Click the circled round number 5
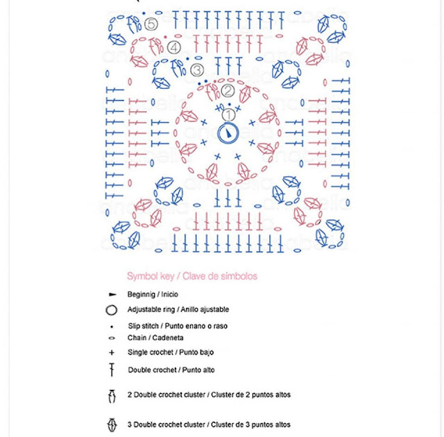coord(153,24)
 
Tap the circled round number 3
coord(196,69)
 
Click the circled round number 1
coord(228,113)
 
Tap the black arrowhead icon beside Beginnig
coord(112,295)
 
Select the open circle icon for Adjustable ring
coord(112,310)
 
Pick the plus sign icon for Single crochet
coord(112,352)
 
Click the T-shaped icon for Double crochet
coord(112,370)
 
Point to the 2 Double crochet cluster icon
coord(112,395)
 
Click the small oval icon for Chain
coord(112,339)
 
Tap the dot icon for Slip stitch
coord(112,326)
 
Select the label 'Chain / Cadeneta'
coord(155,339)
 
